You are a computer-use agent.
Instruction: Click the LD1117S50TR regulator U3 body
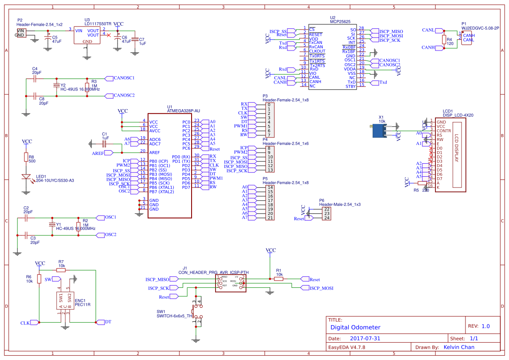87,35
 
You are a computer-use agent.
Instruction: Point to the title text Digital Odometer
355,327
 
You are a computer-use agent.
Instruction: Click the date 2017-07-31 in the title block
365,338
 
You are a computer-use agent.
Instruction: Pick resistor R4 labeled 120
444,40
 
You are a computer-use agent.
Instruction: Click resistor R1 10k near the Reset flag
279,279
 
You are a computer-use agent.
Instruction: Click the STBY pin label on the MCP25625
351,86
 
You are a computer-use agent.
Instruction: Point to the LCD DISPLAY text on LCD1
457,148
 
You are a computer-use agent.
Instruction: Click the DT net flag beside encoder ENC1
105,322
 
